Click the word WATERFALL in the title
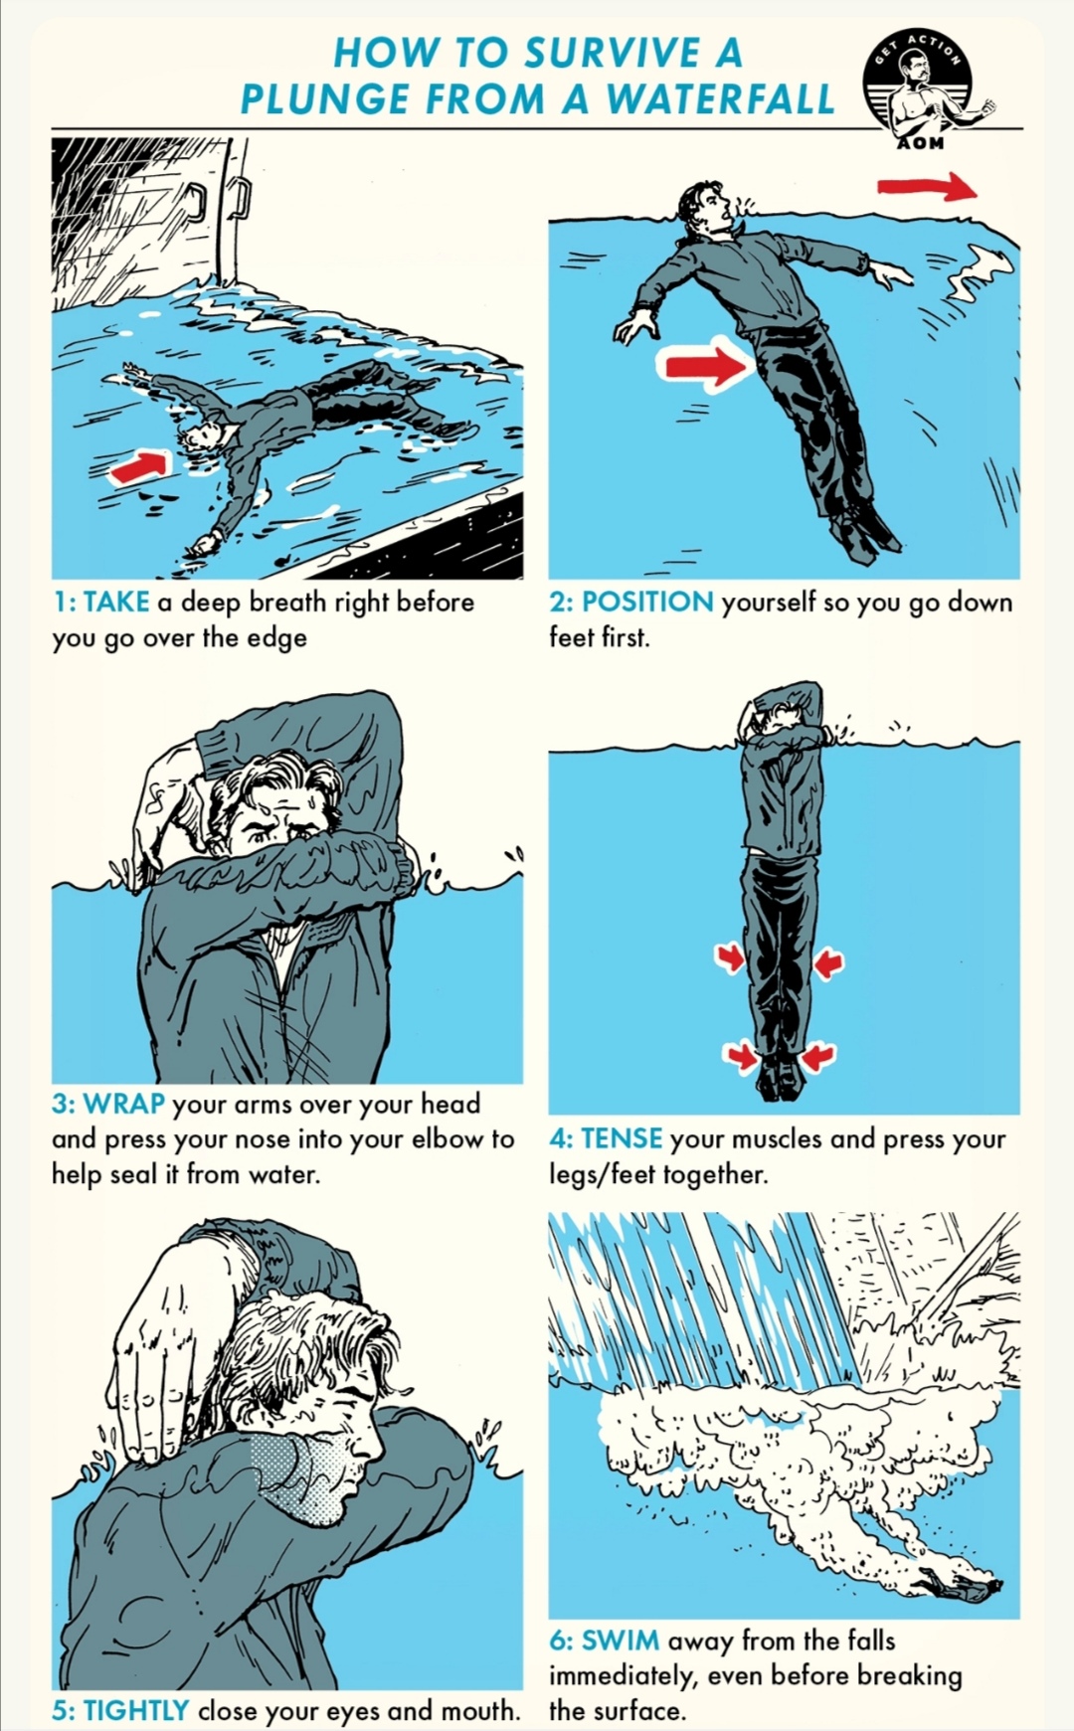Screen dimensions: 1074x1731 [721, 99]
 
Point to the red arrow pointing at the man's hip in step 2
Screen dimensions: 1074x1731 [704, 365]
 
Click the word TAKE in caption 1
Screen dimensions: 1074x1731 [116, 602]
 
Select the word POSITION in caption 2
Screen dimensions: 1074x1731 [647, 602]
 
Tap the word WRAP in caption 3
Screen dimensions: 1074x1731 [124, 1104]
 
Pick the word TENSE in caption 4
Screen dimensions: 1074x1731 [622, 1138]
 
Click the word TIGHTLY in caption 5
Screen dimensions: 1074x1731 [135, 1710]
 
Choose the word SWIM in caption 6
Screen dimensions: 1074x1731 [620, 1640]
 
